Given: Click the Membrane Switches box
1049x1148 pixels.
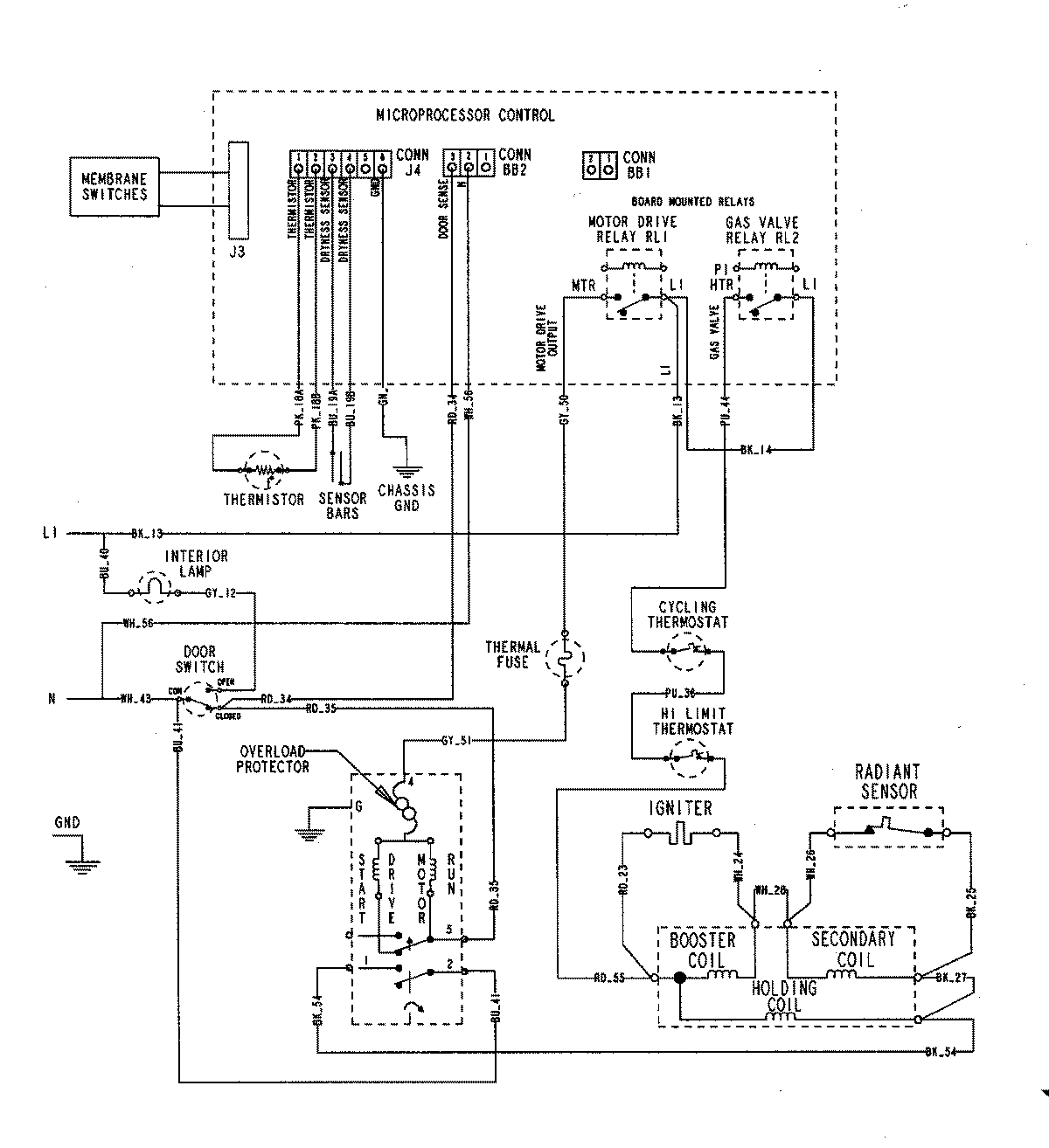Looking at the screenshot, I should (115, 187).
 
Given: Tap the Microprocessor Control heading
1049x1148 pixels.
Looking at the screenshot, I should (465, 115).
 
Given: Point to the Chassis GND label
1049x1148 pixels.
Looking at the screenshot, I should (406, 498).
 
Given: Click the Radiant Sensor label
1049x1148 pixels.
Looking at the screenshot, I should (886, 782).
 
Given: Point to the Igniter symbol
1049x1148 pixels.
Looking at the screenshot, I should (680, 833).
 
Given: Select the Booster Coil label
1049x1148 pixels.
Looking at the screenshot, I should (703, 951).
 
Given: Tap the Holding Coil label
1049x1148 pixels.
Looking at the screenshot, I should (784, 997).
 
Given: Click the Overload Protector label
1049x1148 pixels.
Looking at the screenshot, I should (273, 758).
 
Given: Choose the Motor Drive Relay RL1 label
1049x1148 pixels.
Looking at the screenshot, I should (633, 230).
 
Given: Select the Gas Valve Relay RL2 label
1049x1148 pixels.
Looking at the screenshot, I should (762, 230).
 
